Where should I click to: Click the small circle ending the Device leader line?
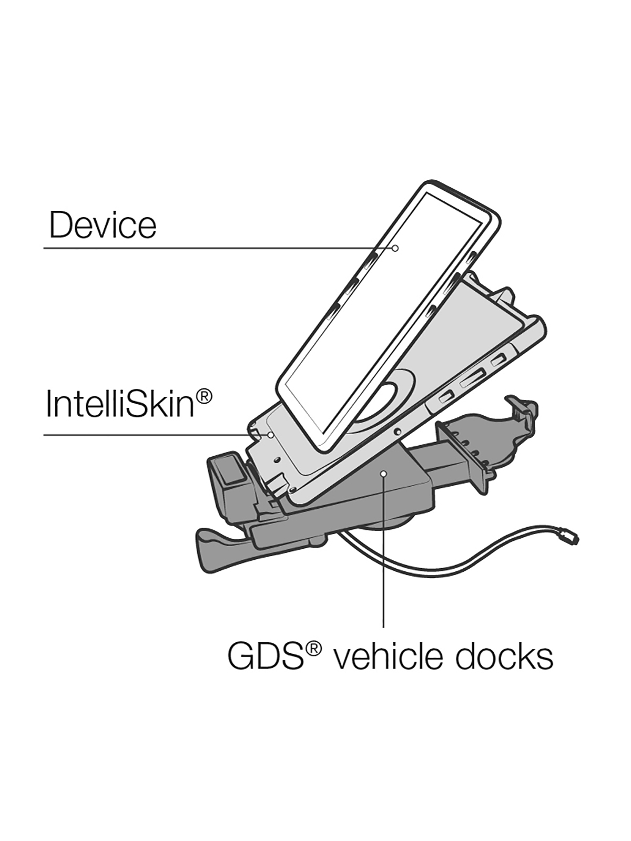tap(395, 248)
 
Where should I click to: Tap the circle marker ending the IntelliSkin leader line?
tap(270, 435)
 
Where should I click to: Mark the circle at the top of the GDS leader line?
tap(383, 474)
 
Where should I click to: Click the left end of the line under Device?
tap(44, 248)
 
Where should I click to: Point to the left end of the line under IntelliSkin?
tap(44, 435)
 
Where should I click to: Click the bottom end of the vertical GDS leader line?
tap(383, 627)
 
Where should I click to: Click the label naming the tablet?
tap(103, 225)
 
